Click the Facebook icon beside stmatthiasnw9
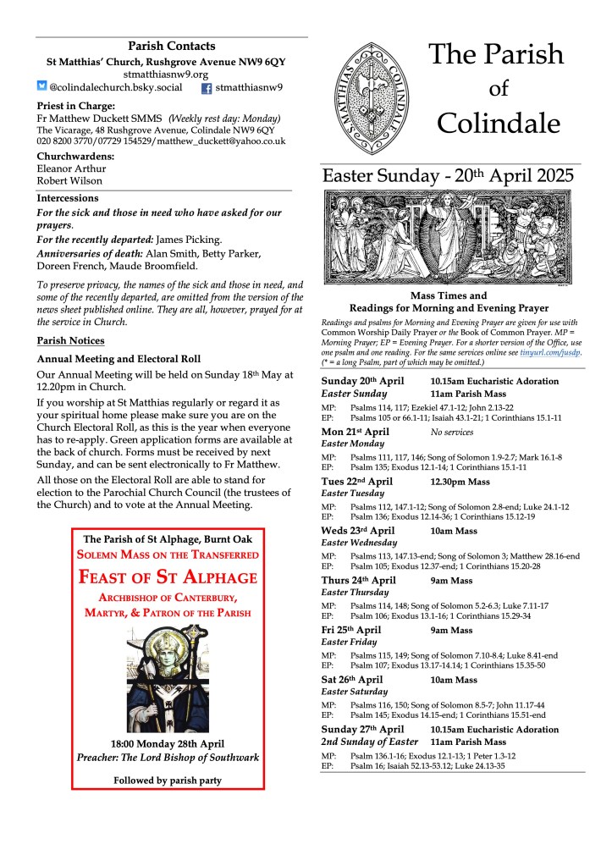[x=206, y=87]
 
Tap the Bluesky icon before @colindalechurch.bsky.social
[x=42, y=86]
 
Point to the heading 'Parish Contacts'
[x=172, y=46]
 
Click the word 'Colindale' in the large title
[x=498, y=124]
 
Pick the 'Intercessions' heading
[x=68, y=198]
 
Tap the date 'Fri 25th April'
[x=352, y=630]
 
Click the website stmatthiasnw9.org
[x=172, y=74]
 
